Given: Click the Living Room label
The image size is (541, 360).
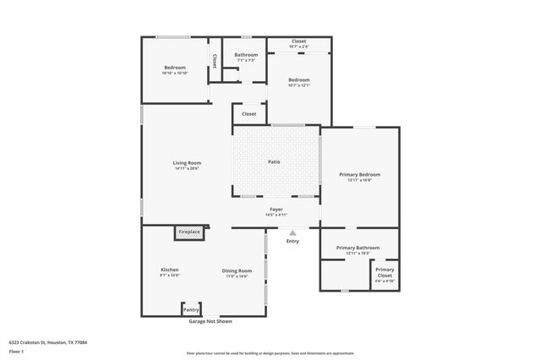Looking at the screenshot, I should click(x=187, y=163).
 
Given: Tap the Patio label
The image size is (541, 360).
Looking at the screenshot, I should click(x=274, y=161).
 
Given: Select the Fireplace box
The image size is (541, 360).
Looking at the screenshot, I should click(x=188, y=232).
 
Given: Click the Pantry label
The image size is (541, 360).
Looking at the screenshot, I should click(x=191, y=310).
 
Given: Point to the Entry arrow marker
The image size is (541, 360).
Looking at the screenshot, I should click(x=292, y=233).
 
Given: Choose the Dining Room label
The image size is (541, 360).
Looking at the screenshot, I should click(x=237, y=270).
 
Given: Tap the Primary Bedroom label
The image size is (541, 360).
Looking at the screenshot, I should click(x=359, y=174).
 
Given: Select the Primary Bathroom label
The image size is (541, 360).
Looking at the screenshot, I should click(x=358, y=248).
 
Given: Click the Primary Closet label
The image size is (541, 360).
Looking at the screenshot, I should click(x=385, y=272).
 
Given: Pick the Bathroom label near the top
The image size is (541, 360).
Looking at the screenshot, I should click(x=246, y=55).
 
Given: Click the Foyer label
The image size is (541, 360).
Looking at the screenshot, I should click(x=276, y=209).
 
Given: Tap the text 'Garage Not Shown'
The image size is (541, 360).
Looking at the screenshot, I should click(x=210, y=321).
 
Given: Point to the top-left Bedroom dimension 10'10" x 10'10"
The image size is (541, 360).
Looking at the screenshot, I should click(x=174, y=74).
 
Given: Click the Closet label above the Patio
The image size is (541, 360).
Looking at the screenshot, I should click(x=249, y=113).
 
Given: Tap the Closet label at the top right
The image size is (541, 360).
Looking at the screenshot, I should click(x=298, y=41).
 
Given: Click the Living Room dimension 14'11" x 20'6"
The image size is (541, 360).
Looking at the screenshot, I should click(x=187, y=169).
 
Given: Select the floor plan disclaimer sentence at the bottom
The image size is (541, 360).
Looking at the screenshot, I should click(x=270, y=352).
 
